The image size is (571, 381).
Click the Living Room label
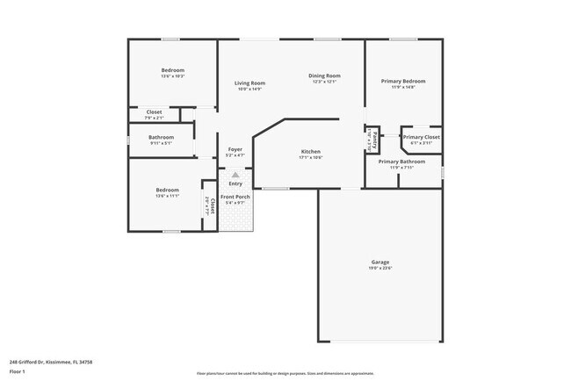[x=249, y=83]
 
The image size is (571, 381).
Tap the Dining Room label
[x=324, y=75]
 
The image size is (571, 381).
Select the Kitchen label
[x=310, y=151]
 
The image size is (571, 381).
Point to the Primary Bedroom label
[x=403, y=81]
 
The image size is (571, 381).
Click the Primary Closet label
[x=421, y=137]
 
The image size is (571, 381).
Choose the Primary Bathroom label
[x=401, y=162]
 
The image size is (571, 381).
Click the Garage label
[x=379, y=262]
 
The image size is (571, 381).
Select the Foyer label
[x=235, y=149]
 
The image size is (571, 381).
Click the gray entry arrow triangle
[x=235, y=175]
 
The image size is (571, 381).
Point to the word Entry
[x=235, y=183]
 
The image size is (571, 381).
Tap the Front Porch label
[x=235, y=197]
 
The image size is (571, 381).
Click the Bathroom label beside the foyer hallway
[x=161, y=137]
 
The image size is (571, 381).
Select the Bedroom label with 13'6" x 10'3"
[x=172, y=70]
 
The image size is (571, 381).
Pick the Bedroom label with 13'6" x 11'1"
[x=168, y=190]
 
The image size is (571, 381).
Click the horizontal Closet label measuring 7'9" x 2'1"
[x=154, y=112]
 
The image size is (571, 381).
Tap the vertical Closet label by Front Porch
[x=211, y=205]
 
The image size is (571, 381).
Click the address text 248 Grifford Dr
[x=51, y=361]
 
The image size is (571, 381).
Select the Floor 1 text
[x=18, y=371]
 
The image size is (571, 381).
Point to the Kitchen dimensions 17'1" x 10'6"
[x=310, y=158]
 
